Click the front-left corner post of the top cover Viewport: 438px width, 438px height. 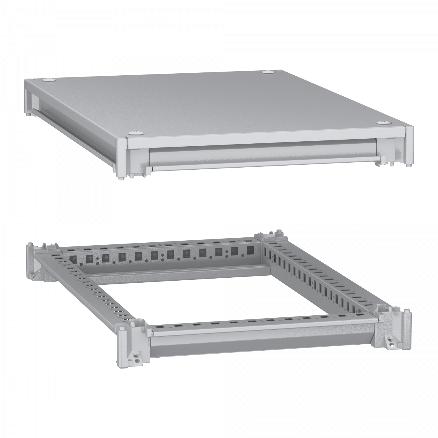(x=122, y=158)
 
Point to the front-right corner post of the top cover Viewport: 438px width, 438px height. (x=409, y=146)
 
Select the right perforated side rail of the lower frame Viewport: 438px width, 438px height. (x=321, y=280)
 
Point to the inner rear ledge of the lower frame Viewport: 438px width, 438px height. (x=175, y=272)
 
